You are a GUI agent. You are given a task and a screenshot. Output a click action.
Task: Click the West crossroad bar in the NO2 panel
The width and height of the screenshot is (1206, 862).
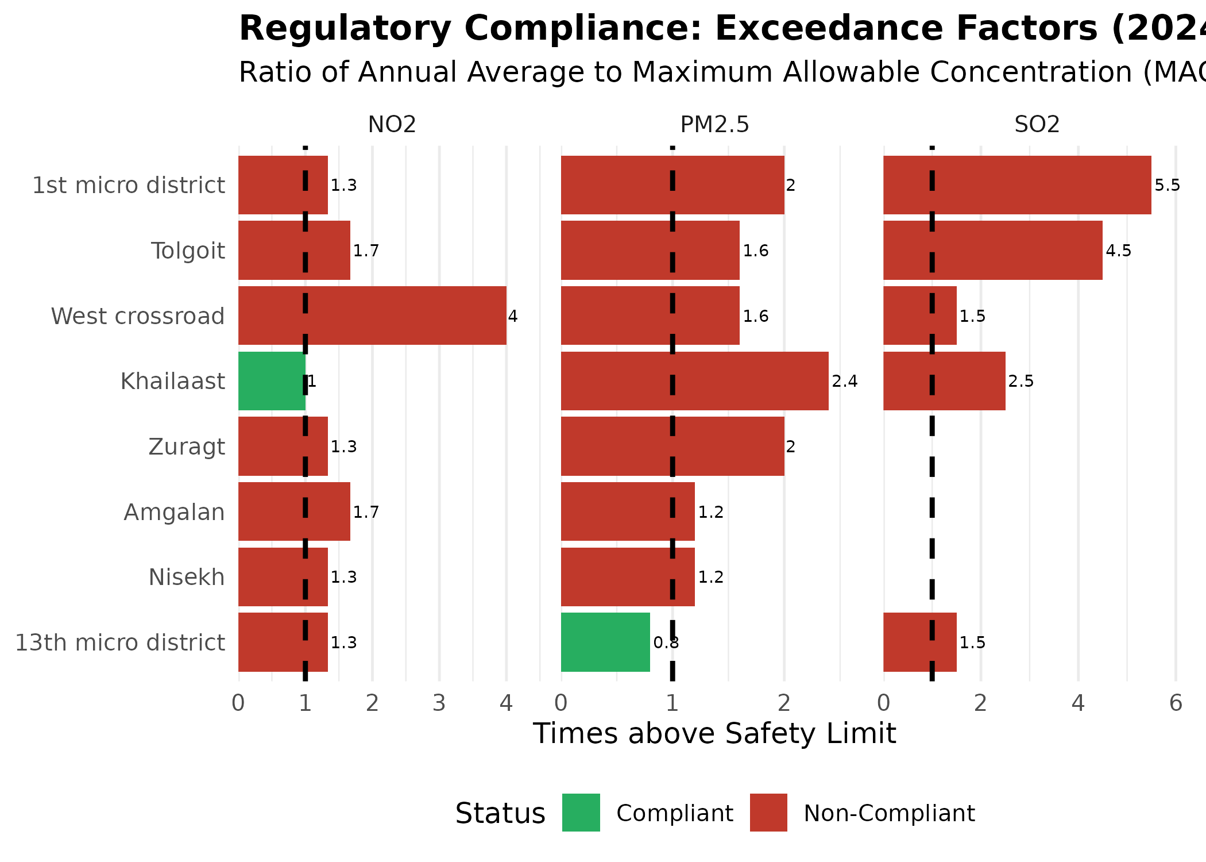pos(372,315)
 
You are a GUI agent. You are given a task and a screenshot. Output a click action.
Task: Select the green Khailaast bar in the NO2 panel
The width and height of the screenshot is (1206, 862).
pos(271,381)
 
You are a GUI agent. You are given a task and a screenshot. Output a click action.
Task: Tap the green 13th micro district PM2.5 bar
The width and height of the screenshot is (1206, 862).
pos(605,642)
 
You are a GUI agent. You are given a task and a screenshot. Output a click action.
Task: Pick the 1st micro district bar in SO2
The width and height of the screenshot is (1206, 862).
pos(1016,185)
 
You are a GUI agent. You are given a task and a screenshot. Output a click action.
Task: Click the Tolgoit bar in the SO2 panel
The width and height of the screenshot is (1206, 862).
pos(992,251)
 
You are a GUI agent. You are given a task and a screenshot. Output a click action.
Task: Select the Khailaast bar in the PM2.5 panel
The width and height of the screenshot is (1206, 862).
pos(694,381)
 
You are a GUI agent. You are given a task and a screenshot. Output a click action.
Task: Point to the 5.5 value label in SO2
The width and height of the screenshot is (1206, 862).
pos(1167,186)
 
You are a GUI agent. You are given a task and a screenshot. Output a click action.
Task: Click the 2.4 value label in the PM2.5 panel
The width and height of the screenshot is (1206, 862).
pos(844,382)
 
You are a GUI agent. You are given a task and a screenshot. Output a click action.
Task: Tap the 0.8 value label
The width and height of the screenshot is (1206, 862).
pos(666,642)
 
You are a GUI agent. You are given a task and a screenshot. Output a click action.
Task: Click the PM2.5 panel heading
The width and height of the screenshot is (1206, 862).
pos(714,125)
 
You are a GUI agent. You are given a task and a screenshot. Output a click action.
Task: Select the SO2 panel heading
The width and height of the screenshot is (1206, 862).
pos(1037,125)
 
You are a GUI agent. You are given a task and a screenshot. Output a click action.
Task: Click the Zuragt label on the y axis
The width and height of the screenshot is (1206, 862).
pos(187,447)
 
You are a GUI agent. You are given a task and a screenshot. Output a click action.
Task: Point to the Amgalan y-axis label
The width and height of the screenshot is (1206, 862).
pos(174,512)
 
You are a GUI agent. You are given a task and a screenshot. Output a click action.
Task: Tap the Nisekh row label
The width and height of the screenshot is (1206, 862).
pos(187,577)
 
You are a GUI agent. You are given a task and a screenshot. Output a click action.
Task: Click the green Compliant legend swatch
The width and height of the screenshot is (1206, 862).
pos(581,813)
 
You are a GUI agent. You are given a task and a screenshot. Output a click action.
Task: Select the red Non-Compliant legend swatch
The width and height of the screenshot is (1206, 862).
pos(768,813)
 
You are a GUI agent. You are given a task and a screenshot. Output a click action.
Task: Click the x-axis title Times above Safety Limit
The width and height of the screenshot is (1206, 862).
pos(714,734)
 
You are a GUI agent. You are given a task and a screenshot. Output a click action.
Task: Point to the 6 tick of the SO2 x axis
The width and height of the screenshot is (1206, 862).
pos(1176,703)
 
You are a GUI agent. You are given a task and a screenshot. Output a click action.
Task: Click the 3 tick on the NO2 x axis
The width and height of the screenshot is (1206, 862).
pos(439,703)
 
